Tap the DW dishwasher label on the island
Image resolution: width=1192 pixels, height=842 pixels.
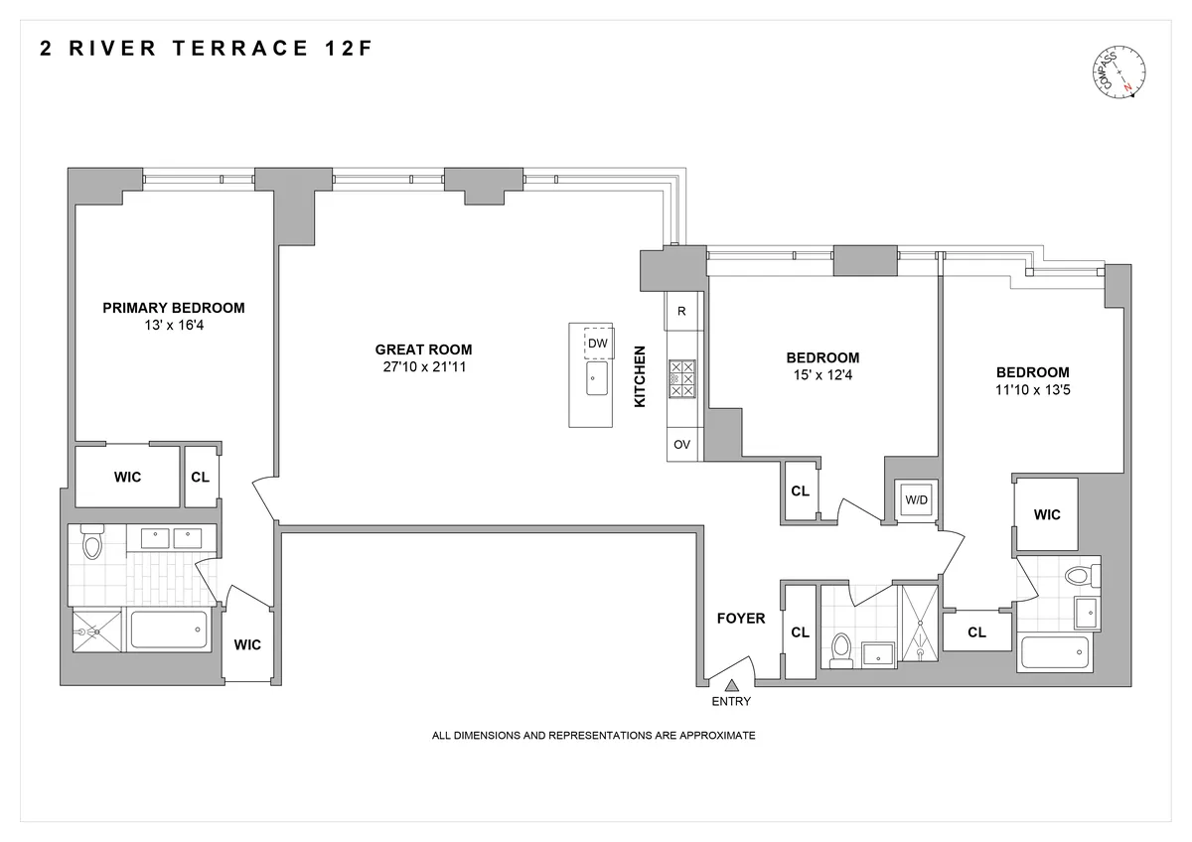coord(597,344)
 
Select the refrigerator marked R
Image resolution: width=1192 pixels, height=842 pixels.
coord(681,311)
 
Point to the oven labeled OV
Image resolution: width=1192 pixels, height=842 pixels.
coord(681,445)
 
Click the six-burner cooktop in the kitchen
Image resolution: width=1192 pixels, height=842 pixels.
coord(682,378)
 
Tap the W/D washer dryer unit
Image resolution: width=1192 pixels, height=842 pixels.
coord(915,499)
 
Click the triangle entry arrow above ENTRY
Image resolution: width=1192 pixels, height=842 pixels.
coord(732,684)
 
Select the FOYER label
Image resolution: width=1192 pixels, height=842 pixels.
coord(741,619)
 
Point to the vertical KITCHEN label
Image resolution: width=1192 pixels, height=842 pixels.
coord(641,376)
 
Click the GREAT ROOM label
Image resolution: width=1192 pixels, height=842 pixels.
coord(423,350)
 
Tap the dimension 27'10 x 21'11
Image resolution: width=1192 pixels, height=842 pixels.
coord(423,367)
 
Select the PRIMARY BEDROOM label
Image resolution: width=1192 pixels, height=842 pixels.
coord(173,308)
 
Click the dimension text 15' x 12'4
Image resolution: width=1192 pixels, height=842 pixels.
coord(822,375)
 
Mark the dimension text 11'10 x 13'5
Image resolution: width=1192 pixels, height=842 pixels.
coord(1032,390)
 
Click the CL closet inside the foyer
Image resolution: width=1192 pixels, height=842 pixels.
coord(800,631)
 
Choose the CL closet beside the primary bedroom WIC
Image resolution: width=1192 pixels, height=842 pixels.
coord(200,477)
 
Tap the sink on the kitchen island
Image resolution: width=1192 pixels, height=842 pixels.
coord(596,378)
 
